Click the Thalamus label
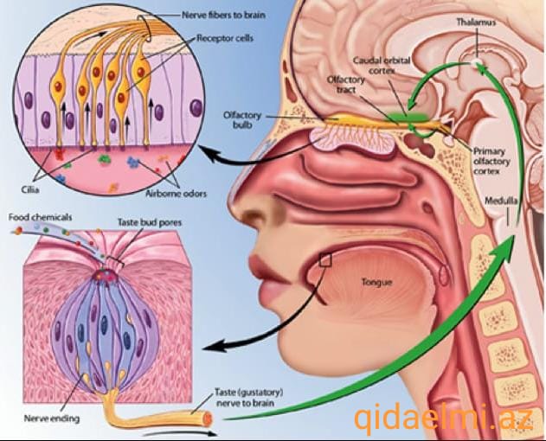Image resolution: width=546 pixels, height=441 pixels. [x=476, y=22]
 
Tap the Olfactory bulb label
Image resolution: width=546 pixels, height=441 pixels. [x=242, y=119]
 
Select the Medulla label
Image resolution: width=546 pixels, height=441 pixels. [x=501, y=201]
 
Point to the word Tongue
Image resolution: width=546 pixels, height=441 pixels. [x=376, y=282]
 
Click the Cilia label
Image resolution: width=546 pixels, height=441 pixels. [x=30, y=189]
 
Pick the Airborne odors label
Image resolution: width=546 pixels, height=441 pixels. [x=177, y=194]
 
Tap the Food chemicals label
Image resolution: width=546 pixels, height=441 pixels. [x=41, y=218]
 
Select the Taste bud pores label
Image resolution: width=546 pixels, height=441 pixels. [x=150, y=222]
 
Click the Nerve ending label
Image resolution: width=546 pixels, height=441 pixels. [x=52, y=418]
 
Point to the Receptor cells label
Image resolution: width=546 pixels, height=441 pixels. [x=225, y=38]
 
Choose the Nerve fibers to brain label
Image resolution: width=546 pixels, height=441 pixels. [x=223, y=16]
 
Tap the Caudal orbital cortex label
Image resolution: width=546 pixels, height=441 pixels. [x=382, y=66]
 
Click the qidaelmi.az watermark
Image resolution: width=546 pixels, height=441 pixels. [x=444, y=419]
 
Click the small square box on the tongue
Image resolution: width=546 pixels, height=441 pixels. [x=325, y=259]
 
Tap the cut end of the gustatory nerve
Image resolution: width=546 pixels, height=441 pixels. [x=208, y=418]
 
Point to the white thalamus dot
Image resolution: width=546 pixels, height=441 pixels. [x=477, y=62]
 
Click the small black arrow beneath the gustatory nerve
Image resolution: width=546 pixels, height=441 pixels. [x=180, y=434]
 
